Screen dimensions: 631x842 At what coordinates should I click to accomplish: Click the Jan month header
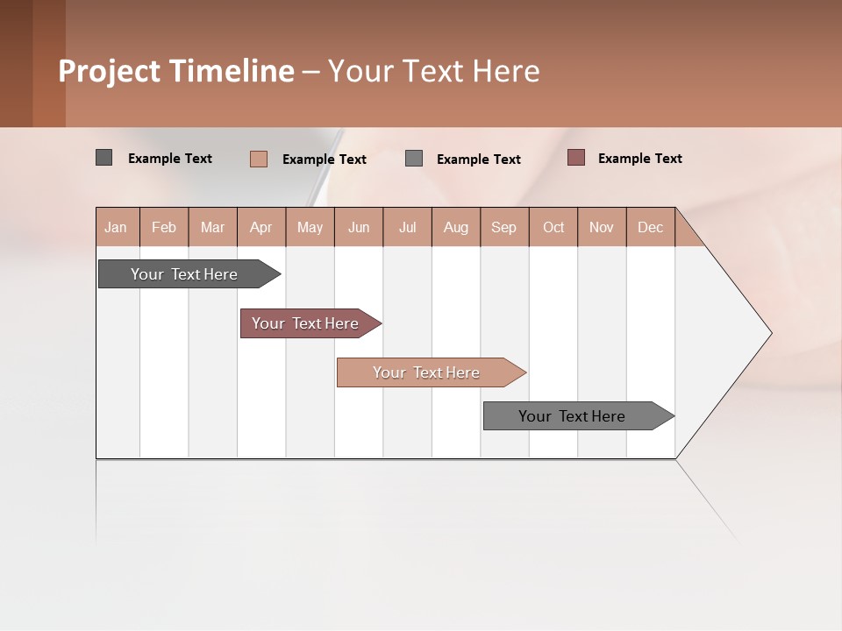(117, 227)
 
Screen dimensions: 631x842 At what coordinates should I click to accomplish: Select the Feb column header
(164, 227)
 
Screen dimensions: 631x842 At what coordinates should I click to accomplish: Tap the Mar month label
(212, 227)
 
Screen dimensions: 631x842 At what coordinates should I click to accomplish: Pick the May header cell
(310, 227)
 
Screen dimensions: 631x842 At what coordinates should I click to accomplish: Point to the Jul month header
(407, 227)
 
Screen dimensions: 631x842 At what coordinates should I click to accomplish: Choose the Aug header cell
(455, 227)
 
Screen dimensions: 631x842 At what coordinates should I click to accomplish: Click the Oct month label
(553, 227)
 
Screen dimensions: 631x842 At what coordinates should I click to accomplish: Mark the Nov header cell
(602, 227)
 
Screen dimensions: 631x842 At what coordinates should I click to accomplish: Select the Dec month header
(650, 227)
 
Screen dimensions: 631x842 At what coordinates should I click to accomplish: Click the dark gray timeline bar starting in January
(184, 274)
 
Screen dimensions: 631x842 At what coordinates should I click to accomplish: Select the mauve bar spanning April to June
(305, 323)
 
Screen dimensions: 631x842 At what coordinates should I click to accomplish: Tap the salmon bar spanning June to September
(426, 372)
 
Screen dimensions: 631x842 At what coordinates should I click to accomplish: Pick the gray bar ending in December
(572, 416)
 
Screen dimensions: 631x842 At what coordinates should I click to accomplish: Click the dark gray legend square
(103, 158)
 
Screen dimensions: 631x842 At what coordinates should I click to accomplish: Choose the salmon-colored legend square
(259, 159)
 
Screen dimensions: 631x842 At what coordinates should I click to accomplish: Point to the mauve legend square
(575, 158)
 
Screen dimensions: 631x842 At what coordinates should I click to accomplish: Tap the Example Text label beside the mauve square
(639, 159)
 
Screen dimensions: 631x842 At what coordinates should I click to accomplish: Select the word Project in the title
(110, 71)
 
